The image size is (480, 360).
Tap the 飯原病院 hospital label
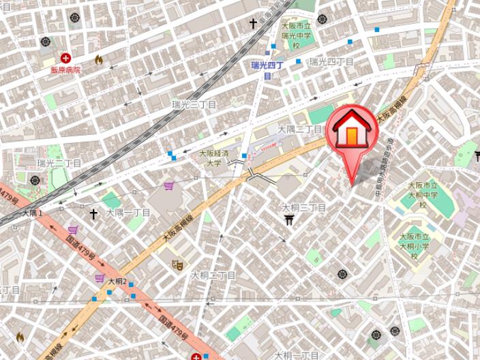[x=65, y=70]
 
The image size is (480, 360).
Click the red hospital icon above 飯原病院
[x=66, y=58]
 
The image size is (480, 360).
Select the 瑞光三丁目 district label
[x=194, y=105]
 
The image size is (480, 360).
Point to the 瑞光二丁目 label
[x=59, y=163]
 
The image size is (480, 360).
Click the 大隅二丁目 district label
[x=299, y=128]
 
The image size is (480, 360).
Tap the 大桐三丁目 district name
[x=304, y=207]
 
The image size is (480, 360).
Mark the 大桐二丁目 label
[x=213, y=275]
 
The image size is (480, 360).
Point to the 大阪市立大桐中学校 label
[x=417, y=195]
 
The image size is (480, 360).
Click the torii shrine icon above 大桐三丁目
[x=290, y=219]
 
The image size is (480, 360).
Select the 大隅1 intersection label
[x=32, y=213]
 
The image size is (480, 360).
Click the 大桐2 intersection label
[x=116, y=282]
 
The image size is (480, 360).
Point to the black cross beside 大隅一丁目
[x=93, y=213]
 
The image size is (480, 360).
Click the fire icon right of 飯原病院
[x=98, y=59]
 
